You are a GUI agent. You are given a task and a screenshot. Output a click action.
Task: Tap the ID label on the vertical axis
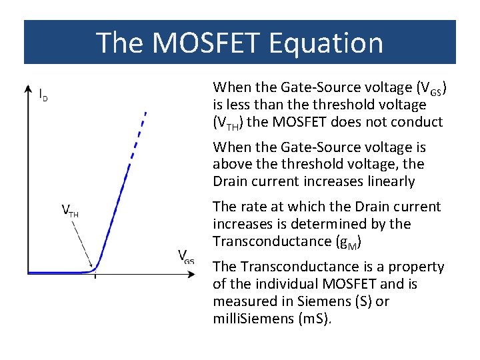point(43,95)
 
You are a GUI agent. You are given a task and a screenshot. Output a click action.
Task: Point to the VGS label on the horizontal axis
point(186,256)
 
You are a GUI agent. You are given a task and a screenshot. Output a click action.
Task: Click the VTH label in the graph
point(70,212)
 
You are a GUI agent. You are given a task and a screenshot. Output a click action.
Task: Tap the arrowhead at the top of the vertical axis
point(27,89)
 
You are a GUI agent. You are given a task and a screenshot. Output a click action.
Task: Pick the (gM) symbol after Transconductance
point(349,241)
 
